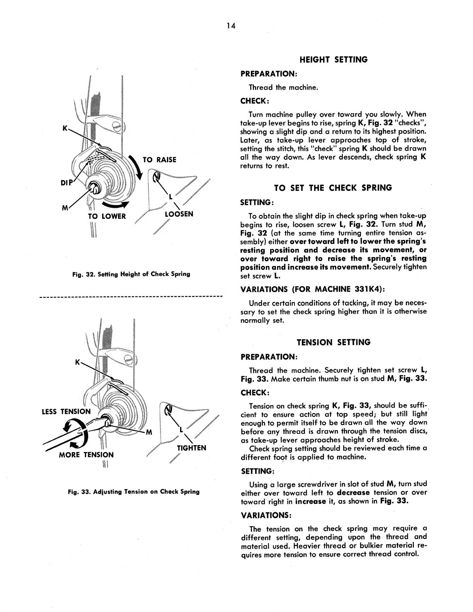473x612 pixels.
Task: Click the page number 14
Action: tap(231, 26)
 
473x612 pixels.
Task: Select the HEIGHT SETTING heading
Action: tap(333, 59)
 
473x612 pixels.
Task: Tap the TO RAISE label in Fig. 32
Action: tap(159, 160)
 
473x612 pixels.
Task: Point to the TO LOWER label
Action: tap(107, 216)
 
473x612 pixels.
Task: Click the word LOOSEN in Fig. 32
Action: tap(179, 214)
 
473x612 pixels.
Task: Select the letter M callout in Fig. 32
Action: tap(65, 209)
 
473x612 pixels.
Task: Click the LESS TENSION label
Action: tap(66, 411)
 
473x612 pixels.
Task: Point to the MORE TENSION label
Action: tap(86, 455)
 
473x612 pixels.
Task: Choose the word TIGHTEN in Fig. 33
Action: tap(191, 448)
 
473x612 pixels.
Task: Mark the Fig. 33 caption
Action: tap(133, 492)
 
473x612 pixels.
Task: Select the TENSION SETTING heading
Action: tap(333, 342)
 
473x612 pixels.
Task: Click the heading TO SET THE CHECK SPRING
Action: tap(333, 188)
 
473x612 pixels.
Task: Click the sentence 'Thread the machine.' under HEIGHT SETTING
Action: tap(283, 87)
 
